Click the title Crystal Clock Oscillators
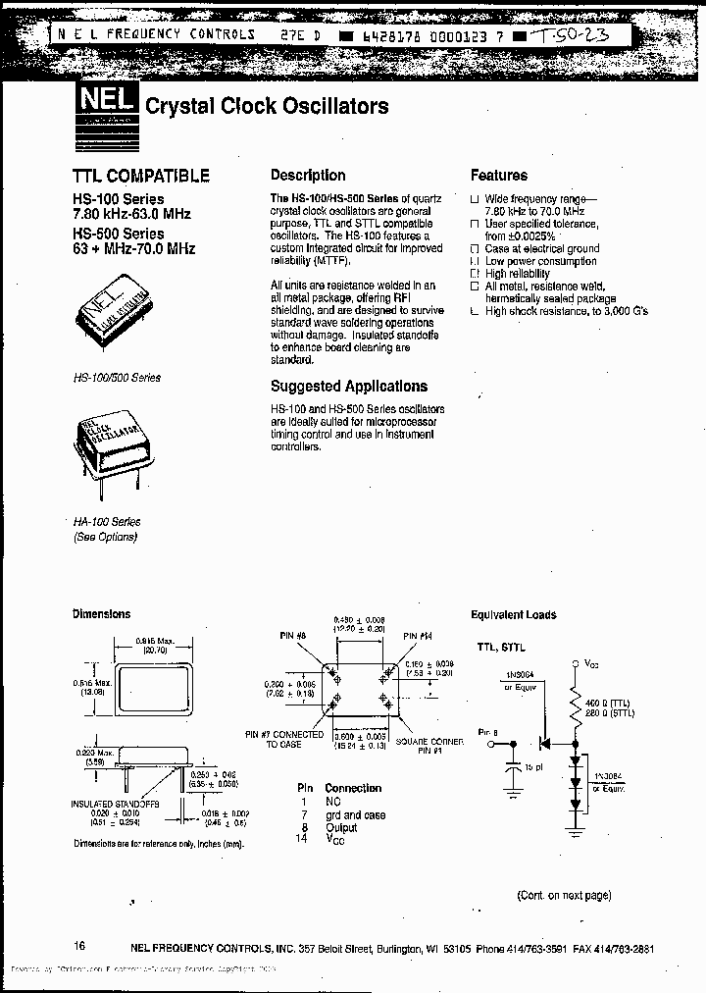coord(267,106)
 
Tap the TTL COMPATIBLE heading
coord(141,177)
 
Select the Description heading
coord(308,176)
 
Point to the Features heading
coord(498,176)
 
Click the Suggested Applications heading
coord(349,387)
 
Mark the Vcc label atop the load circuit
coord(591,663)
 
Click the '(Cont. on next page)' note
coord(564,895)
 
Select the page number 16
coord(79,946)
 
